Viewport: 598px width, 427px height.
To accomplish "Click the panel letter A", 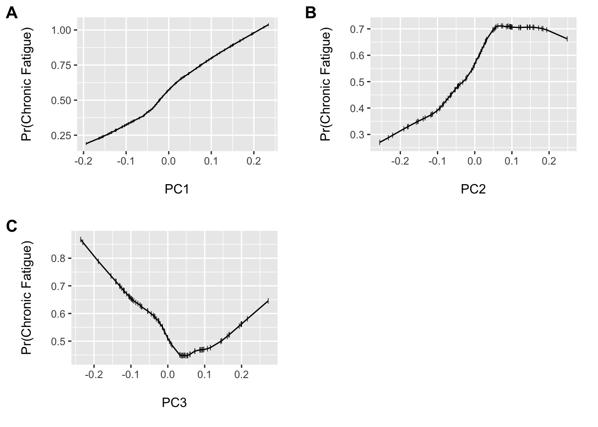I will coord(12,14).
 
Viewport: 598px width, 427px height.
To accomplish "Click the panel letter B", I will coord(311,14).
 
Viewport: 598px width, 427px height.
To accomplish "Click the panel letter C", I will coord(12,226).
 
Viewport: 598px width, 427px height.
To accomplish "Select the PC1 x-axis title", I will coord(177,189).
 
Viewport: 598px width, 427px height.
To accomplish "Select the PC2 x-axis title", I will coord(473,189).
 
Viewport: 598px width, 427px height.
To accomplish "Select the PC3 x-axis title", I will coord(174,403).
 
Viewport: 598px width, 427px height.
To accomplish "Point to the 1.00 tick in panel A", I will coord(61,30).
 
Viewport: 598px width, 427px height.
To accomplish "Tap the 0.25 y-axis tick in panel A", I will coord(61,136).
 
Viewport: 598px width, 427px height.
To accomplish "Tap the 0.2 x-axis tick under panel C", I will coord(241,375).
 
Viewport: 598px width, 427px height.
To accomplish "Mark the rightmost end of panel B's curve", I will coord(567,39).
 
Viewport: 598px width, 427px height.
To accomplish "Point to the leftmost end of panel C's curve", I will coord(81,240).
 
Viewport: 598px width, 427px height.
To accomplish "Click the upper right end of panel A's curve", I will coord(268,25).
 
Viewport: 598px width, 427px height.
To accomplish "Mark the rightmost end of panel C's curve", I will coord(268,301).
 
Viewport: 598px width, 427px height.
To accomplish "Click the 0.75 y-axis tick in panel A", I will coord(61,65).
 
